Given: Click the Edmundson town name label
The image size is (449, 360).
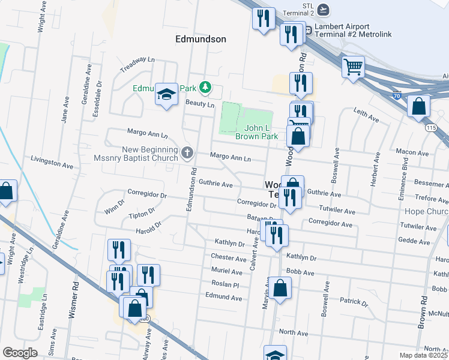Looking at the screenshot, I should point(200,39).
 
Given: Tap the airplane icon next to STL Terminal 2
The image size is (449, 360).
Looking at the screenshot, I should point(324,9).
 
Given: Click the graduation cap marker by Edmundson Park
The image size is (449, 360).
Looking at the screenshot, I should point(166,94).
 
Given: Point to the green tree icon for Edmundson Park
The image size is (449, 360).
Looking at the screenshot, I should point(205,88).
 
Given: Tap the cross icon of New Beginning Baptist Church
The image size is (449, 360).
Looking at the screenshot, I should point(187,152).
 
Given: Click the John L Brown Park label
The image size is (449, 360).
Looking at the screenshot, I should point(261,132).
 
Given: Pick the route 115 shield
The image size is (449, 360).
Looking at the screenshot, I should point(431,128).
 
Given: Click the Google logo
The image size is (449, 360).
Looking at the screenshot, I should point(20,353).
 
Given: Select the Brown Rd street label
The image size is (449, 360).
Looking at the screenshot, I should point(422,316).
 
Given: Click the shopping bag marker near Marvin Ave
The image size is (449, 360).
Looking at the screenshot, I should point(280,289).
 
